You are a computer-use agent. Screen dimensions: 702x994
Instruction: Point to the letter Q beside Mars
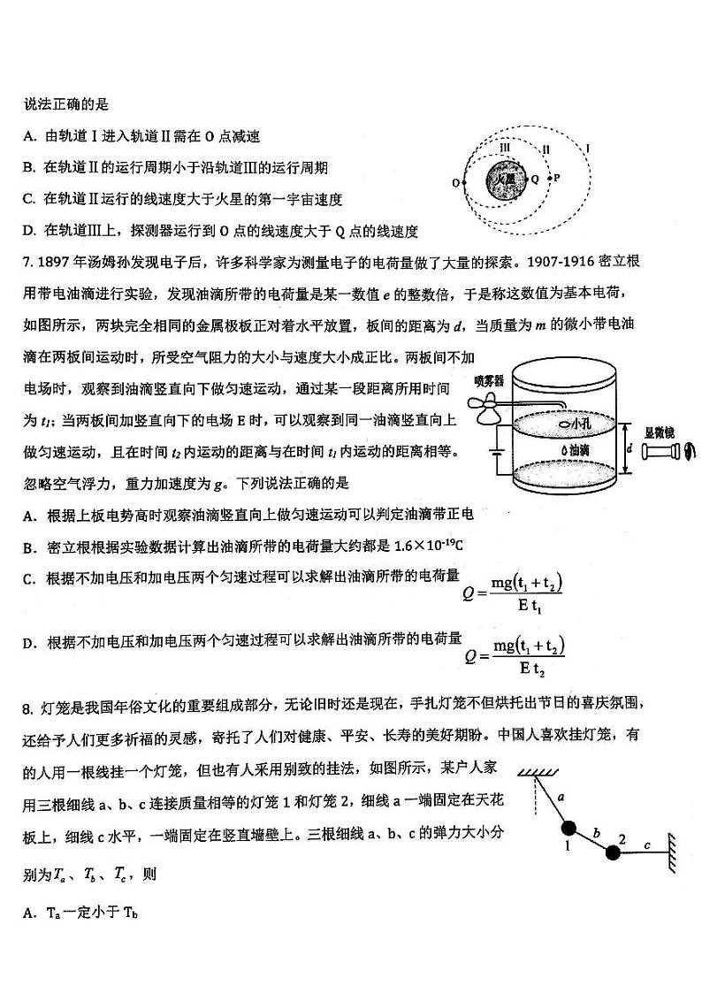(x=534, y=178)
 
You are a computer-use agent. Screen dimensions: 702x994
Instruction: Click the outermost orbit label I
(x=589, y=148)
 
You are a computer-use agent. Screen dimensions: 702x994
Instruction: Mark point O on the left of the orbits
(x=456, y=183)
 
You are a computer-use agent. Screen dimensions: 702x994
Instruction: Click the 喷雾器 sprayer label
(x=488, y=380)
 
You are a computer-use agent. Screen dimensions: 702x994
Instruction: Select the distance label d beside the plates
(x=629, y=447)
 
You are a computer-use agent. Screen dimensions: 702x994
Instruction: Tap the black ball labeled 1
(x=568, y=829)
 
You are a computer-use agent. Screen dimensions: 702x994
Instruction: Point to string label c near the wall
(x=647, y=845)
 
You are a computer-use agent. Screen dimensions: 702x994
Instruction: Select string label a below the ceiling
(x=561, y=797)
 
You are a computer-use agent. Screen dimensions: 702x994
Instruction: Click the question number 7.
(x=29, y=262)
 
